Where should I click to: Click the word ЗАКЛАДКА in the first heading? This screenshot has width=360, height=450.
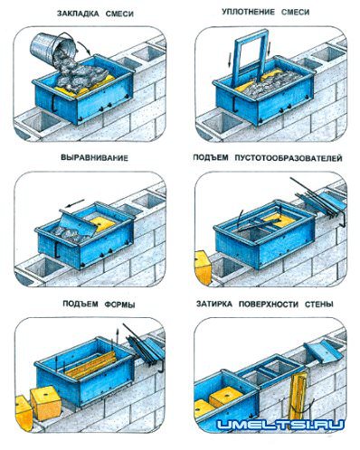pos(78,14)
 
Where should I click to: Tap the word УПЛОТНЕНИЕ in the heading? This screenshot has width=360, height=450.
pos(249,13)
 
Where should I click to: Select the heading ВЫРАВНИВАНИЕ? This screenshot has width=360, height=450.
pos(95,158)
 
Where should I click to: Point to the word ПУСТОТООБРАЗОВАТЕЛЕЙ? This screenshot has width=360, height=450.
pos(288,158)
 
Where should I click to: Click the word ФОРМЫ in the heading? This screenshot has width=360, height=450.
pos(119,305)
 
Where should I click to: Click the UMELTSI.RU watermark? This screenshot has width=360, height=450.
pos(280,425)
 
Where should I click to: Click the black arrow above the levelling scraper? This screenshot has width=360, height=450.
pos(75,203)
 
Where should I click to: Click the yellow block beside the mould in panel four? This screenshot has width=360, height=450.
pos(204,267)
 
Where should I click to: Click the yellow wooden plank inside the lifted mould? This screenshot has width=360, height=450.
pos(90,365)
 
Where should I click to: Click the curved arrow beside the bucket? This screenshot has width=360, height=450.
pos(85,47)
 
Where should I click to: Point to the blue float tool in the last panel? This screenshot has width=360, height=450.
pos(324,353)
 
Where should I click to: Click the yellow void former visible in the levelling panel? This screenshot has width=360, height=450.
pos(102,223)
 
